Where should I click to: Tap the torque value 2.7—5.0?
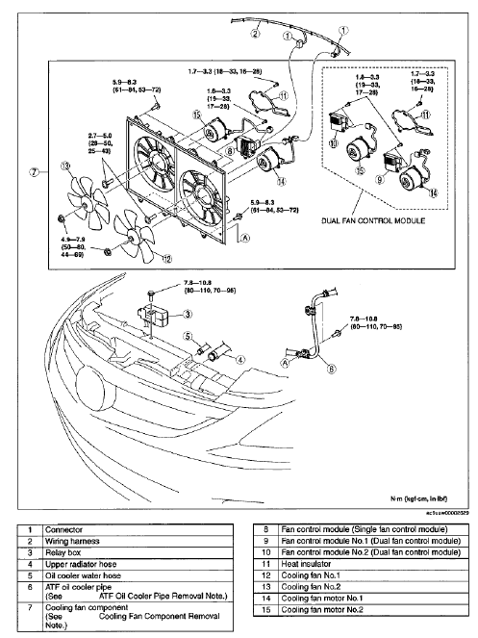(x=81, y=123)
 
